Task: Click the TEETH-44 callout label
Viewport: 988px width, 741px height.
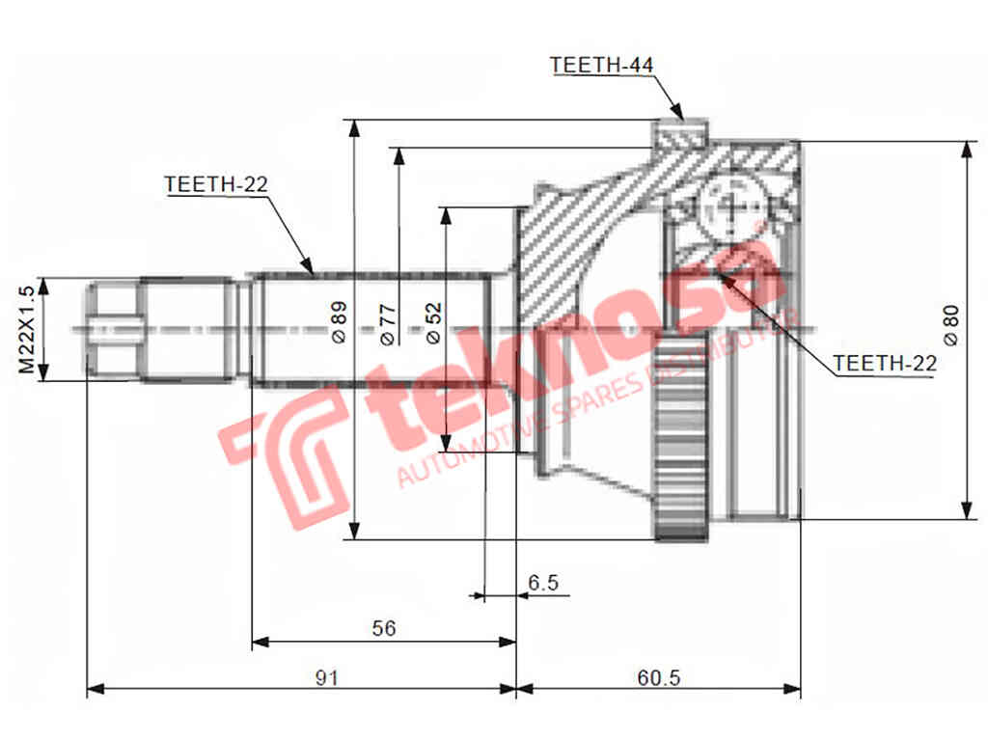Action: [601, 65]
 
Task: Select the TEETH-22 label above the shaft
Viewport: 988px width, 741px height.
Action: [215, 184]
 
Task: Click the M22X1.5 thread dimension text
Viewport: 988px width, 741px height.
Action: [26, 329]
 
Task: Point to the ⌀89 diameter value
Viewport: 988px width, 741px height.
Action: [338, 322]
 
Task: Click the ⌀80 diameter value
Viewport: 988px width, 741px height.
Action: [950, 325]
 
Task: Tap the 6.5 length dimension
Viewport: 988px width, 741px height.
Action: [543, 583]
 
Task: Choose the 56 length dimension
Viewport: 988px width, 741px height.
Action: [384, 628]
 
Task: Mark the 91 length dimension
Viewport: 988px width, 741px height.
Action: [326, 677]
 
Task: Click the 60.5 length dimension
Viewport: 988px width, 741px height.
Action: [658, 677]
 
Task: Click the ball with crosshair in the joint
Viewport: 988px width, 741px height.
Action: [730, 206]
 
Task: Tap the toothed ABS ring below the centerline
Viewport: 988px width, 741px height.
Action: [681, 445]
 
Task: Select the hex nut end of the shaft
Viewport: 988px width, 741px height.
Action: [114, 329]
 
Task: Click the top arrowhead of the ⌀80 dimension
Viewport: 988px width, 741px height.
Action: [966, 148]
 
